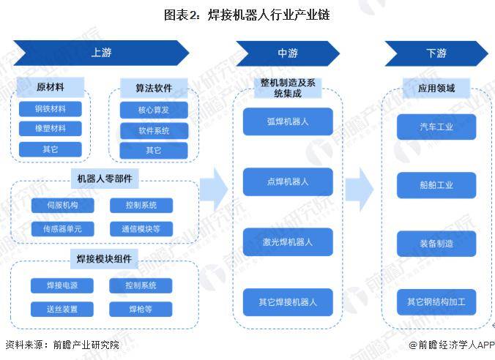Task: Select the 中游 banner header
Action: click(x=287, y=53)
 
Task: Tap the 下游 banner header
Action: click(x=436, y=53)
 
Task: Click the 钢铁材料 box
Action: click(x=51, y=109)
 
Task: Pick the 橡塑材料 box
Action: click(x=51, y=129)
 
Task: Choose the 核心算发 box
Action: click(x=154, y=110)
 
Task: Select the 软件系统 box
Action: click(x=154, y=130)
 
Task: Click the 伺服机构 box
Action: click(x=63, y=206)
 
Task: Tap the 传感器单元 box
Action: click(x=63, y=229)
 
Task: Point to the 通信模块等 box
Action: click(x=141, y=229)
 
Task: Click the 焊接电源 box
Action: click(x=63, y=285)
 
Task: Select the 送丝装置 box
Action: click(x=63, y=309)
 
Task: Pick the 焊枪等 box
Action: click(x=141, y=309)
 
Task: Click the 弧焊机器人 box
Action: click(x=287, y=121)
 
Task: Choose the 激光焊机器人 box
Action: click(x=287, y=241)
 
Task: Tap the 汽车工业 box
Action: click(x=436, y=127)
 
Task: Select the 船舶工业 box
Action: click(x=436, y=185)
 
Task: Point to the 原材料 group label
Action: click(x=51, y=88)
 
